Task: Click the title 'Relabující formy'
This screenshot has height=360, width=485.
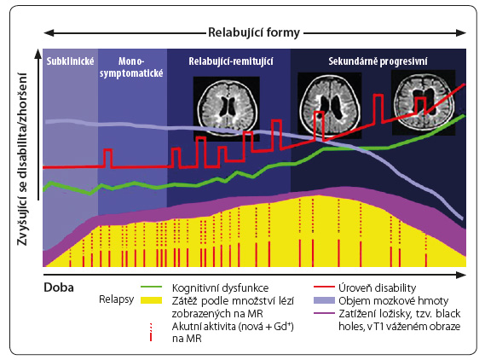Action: click(254, 32)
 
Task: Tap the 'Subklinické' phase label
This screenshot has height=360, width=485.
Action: click(70, 61)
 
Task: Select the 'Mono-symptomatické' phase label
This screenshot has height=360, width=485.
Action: click(131, 67)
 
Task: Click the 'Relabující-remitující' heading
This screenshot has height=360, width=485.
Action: click(231, 61)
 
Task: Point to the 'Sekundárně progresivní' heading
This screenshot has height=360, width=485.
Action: click(378, 61)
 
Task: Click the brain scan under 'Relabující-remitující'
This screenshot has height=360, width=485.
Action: click(227, 108)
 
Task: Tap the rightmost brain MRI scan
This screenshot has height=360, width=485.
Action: click(424, 102)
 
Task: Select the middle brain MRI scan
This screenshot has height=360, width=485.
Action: click(329, 105)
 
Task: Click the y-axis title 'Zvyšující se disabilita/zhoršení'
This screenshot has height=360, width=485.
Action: click(22, 160)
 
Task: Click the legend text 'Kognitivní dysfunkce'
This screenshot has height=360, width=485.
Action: click(220, 287)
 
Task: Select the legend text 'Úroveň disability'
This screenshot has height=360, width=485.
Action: click(378, 287)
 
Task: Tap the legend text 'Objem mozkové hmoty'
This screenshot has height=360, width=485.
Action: click(394, 300)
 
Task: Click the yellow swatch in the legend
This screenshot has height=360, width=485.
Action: click(151, 300)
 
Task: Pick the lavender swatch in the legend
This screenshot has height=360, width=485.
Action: click(324, 300)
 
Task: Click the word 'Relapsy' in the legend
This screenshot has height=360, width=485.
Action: click(116, 299)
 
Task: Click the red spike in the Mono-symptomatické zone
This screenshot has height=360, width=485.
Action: click(107, 158)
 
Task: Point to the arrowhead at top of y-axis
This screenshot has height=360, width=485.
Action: click(38, 54)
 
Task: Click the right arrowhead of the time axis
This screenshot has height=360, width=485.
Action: click(461, 275)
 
